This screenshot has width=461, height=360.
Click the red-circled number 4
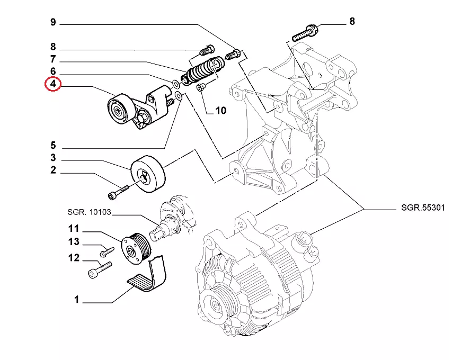coord(53,85)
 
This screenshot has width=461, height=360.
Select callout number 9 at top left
coord(53,22)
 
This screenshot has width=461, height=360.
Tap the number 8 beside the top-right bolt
coord(352,22)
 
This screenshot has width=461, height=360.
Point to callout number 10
coord(220,111)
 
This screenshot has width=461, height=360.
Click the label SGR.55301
coord(423,209)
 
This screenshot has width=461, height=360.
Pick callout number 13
coord(74,242)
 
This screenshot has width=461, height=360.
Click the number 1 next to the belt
coord(76,300)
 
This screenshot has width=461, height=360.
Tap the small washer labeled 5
coord(179,96)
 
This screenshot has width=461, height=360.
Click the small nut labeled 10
coord(201,87)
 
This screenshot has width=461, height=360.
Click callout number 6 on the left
coord(53,71)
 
